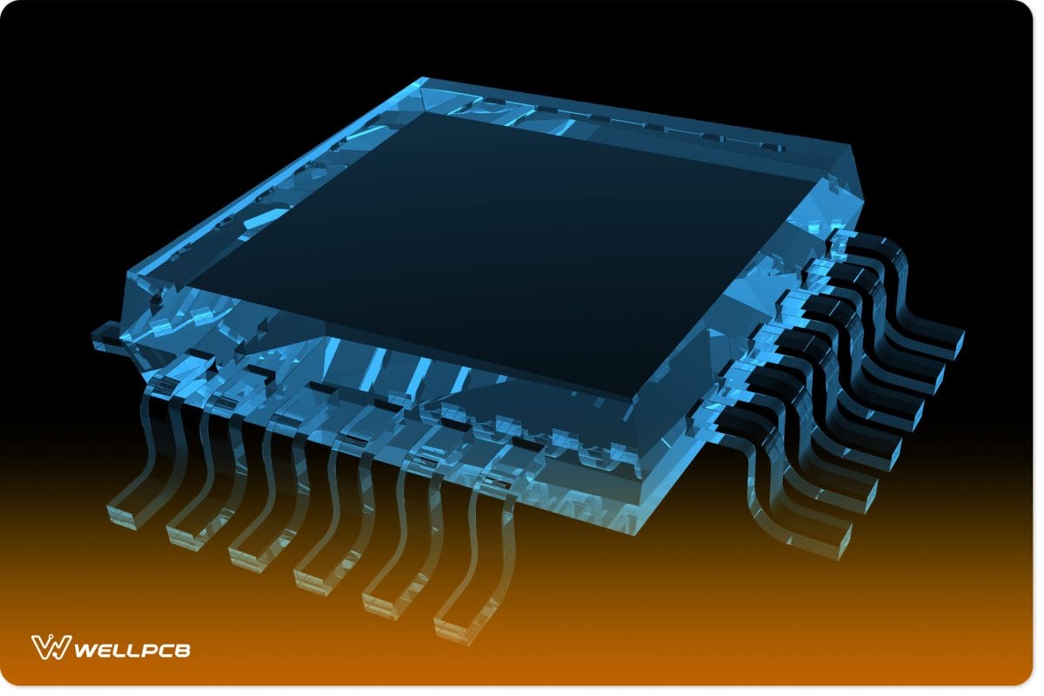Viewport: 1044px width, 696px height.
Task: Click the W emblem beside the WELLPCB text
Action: (50, 647)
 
